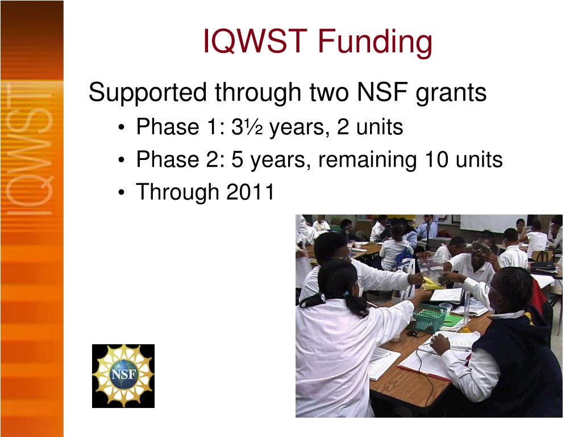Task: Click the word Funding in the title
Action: coord(375,42)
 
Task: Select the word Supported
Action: coord(148,93)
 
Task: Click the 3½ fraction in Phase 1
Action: coord(247,127)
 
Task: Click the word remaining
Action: coord(368,160)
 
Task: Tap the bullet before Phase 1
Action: coord(122,128)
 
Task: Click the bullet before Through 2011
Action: coord(122,193)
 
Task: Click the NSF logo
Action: coord(123,376)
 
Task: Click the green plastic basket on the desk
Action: coord(429,318)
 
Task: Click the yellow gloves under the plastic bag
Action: coord(433,284)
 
